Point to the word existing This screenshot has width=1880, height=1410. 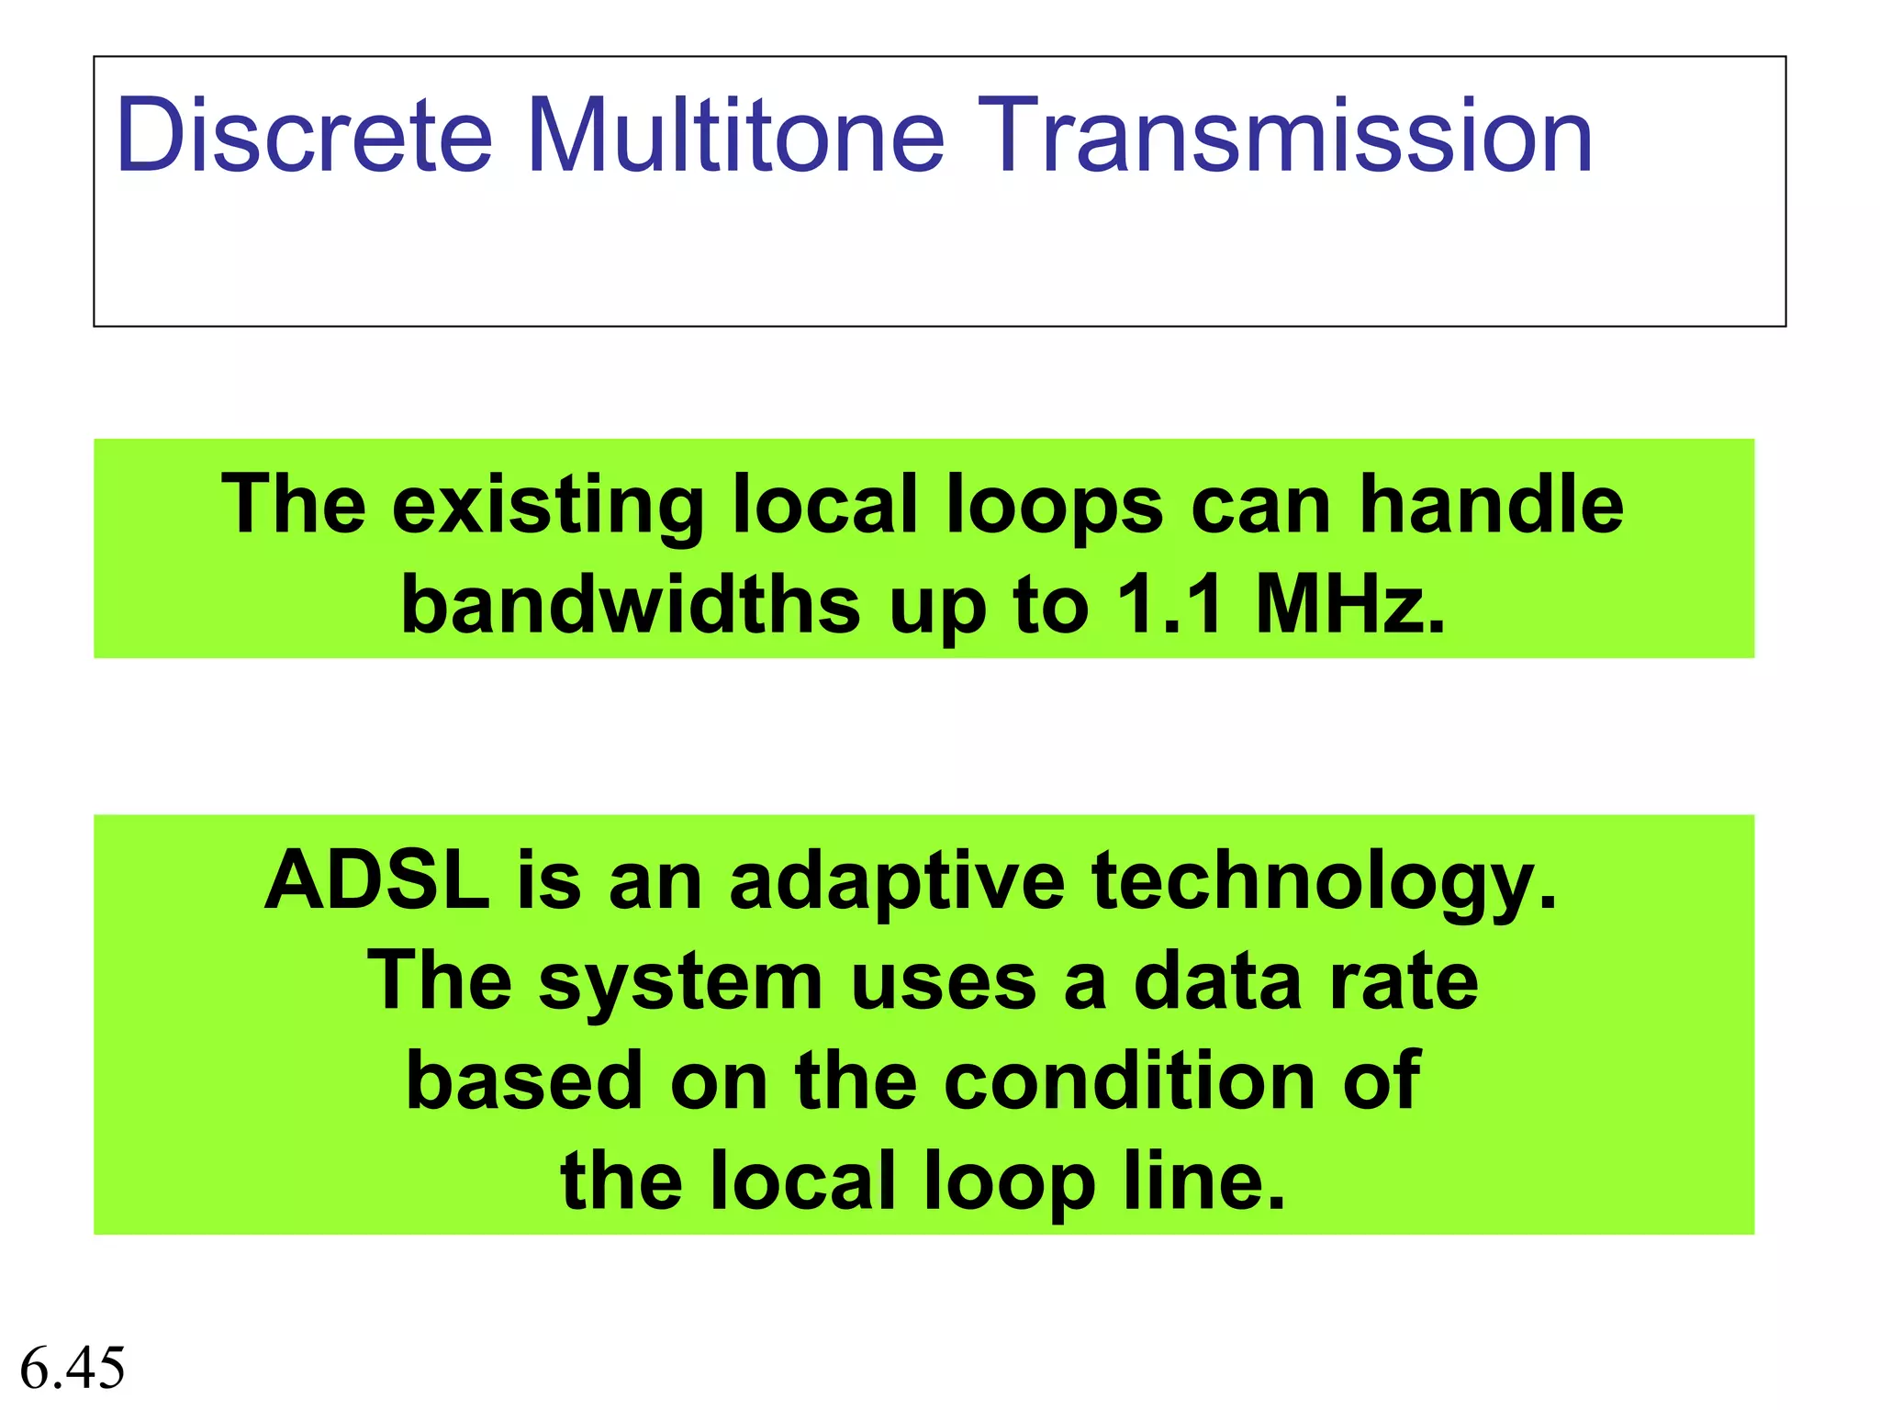[x=547, y=507]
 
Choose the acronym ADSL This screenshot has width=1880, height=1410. [x=376, y=879]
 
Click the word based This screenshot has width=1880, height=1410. [x=524, y=1080]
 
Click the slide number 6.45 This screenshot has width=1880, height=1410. [x=73, y=1368]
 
